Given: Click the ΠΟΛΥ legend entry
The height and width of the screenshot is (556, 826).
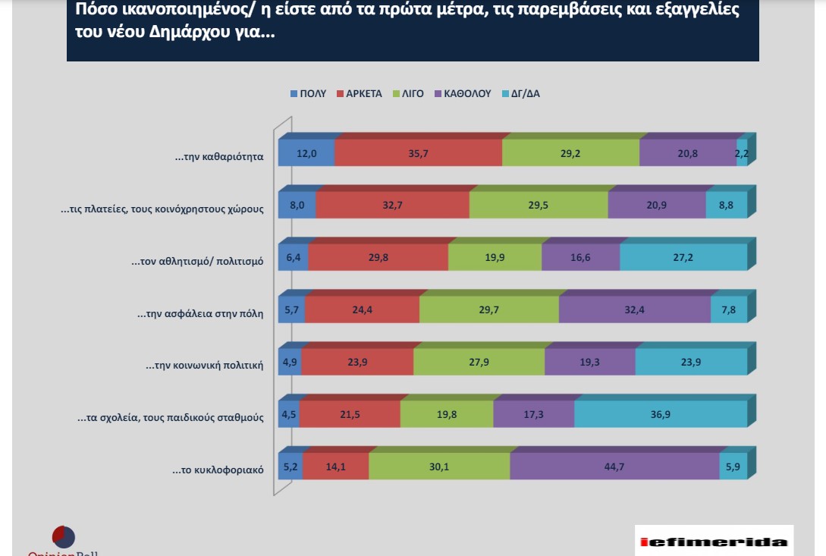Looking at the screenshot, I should (x=309, y=94).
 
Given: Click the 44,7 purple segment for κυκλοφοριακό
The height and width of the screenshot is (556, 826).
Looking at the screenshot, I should (x=614, y=467).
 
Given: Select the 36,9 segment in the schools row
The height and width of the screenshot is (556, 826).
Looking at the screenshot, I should (x=660, y=415).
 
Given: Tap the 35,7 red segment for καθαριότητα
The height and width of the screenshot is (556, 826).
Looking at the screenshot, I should (x=418, y=153).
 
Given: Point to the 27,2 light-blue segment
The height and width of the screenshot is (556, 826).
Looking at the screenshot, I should (x=683, y=258).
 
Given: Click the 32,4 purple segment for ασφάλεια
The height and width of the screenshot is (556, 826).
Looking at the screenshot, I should (x=634, y=310).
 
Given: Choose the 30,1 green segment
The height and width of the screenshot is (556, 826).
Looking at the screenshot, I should (x=439, y=467).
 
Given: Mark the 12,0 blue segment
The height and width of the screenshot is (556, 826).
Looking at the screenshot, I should (x=306, y=153).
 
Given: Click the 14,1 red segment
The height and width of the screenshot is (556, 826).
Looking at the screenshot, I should (x=335, y=467).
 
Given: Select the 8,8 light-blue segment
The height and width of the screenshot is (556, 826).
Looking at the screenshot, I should (x=726, y=206).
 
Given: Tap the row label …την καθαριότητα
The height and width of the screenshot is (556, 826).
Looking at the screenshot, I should (x=218, y=157).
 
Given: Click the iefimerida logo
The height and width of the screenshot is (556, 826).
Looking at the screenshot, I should (x=713, y=542).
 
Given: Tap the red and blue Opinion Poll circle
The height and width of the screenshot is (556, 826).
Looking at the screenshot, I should (x=64, y=537).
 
